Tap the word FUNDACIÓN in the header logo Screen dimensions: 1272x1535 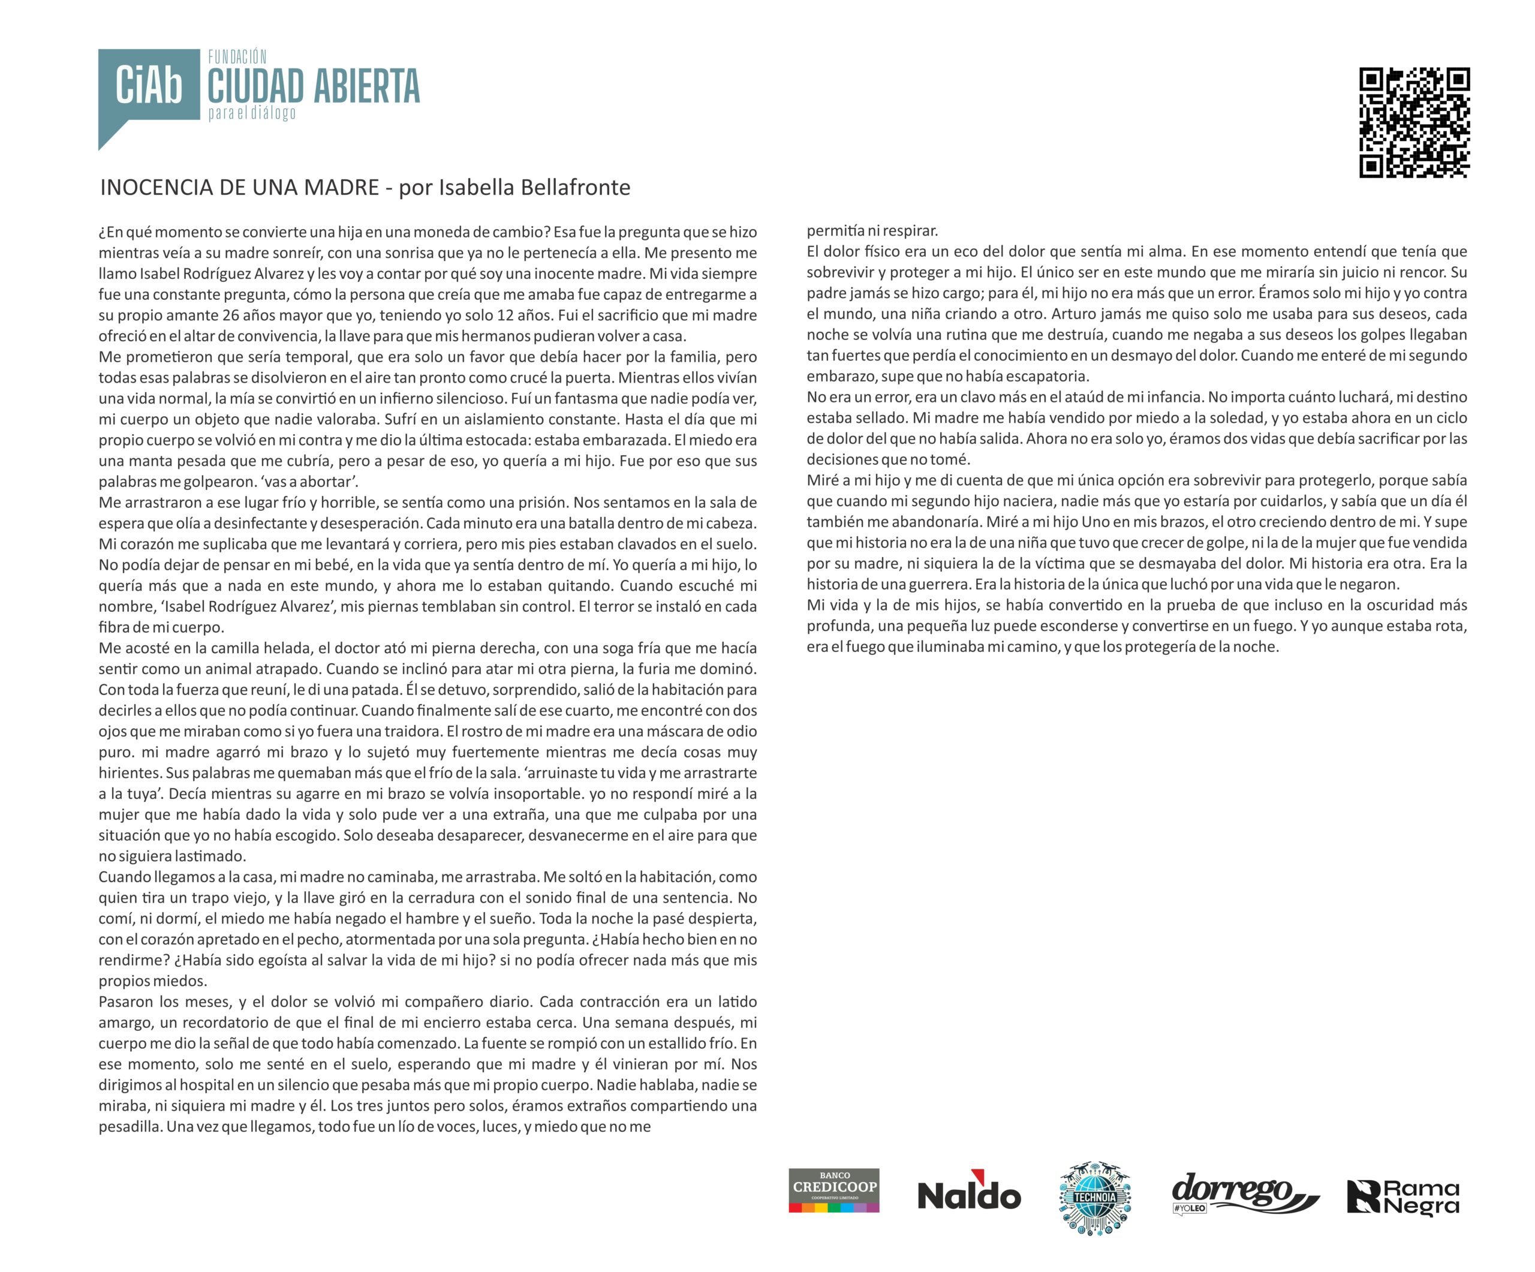(237, 56)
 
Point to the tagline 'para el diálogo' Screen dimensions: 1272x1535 (252, 113)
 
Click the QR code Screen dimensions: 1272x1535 (1414, 122)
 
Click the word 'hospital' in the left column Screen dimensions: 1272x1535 (206, 1085)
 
